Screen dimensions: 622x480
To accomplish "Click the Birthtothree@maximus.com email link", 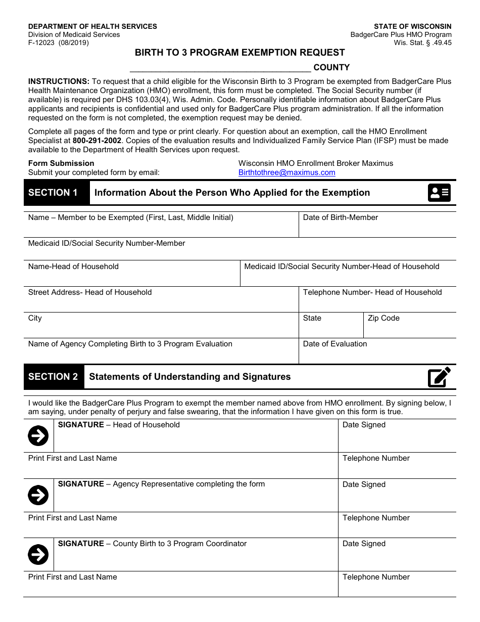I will [x=286, y=172].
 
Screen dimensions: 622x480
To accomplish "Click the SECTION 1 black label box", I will [x=53, y=193].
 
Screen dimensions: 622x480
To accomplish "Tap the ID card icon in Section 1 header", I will [x=439, y=193].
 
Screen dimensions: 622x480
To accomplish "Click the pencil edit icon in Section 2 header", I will [x=439, y=377].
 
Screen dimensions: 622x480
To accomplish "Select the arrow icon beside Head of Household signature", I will [x=38, y=435].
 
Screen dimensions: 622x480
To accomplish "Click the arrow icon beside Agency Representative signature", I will [x=38, y=495].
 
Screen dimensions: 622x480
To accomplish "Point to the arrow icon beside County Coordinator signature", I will [x=38, y=555].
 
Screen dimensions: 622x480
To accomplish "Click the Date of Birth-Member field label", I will [x=340, y=217].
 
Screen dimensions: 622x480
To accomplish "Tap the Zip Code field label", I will [x=383, y=318].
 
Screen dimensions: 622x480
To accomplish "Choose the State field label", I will [x=312, y=318].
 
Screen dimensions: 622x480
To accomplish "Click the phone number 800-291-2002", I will [x=97, y=141].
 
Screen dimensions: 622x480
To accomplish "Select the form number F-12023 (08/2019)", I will [x=58, y=43].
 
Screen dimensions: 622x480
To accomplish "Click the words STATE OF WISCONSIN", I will [x=412, y=26].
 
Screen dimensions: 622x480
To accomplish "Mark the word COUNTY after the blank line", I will [x=331, y=67].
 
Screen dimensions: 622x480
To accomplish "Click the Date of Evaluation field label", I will [x=334, y=344].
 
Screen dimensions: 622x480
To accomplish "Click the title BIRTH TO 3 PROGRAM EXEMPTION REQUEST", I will [x=239, y=53].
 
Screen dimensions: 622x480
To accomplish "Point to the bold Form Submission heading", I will [x=61, y=163].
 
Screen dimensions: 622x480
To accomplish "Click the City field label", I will [x=35, y=318].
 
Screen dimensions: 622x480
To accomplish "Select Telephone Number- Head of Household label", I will [x=372, y=292].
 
